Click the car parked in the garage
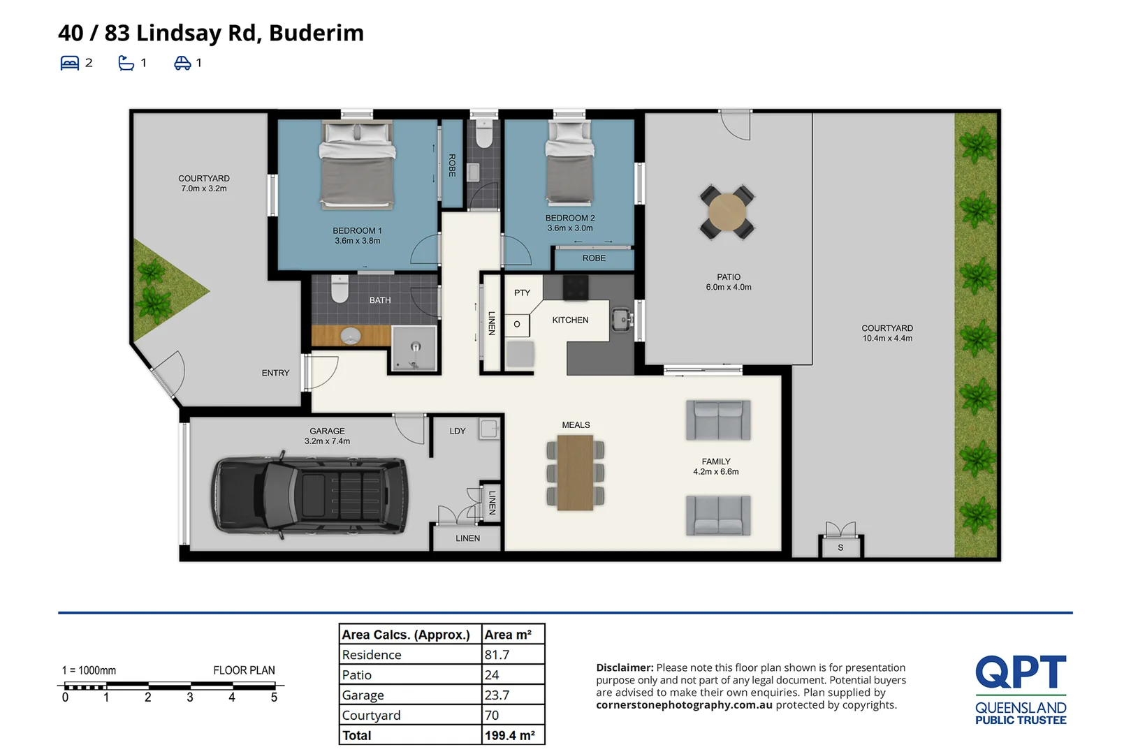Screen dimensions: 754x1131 point(309,496)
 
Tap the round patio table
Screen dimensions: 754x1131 point(727,212)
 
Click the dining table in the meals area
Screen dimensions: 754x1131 point(576,473)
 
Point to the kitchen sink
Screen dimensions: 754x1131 point(621,320)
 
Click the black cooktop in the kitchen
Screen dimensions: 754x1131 point(576,288)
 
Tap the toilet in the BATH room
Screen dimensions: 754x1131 point(340,288)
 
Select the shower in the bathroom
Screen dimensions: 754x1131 point(414,349)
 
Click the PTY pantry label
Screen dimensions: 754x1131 point(522,293)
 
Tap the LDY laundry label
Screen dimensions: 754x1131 point(458,431)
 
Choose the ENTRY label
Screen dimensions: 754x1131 point(275,374)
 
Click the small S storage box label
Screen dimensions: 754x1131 point(840,548)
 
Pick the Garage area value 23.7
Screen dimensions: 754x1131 point(497,695)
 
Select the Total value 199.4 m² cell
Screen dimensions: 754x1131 point(510,736)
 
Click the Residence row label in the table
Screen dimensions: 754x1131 point(372,655)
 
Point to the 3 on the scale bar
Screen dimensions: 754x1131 point(190,697)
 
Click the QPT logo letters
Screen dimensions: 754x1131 point(1021,672)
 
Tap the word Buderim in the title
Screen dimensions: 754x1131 point(316,33)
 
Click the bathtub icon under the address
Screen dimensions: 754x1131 point(126,63)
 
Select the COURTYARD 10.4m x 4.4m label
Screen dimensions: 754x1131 point(887,333)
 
